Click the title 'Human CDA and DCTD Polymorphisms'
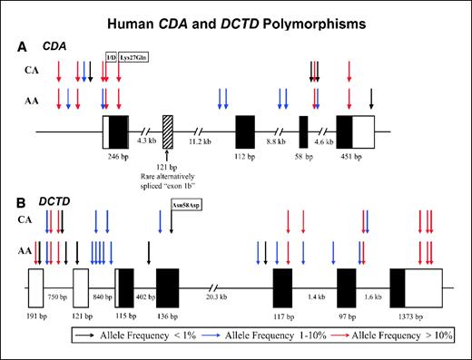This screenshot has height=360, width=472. point(235,20)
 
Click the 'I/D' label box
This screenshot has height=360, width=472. point(111,56)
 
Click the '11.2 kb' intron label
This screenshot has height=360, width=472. point(201,141)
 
